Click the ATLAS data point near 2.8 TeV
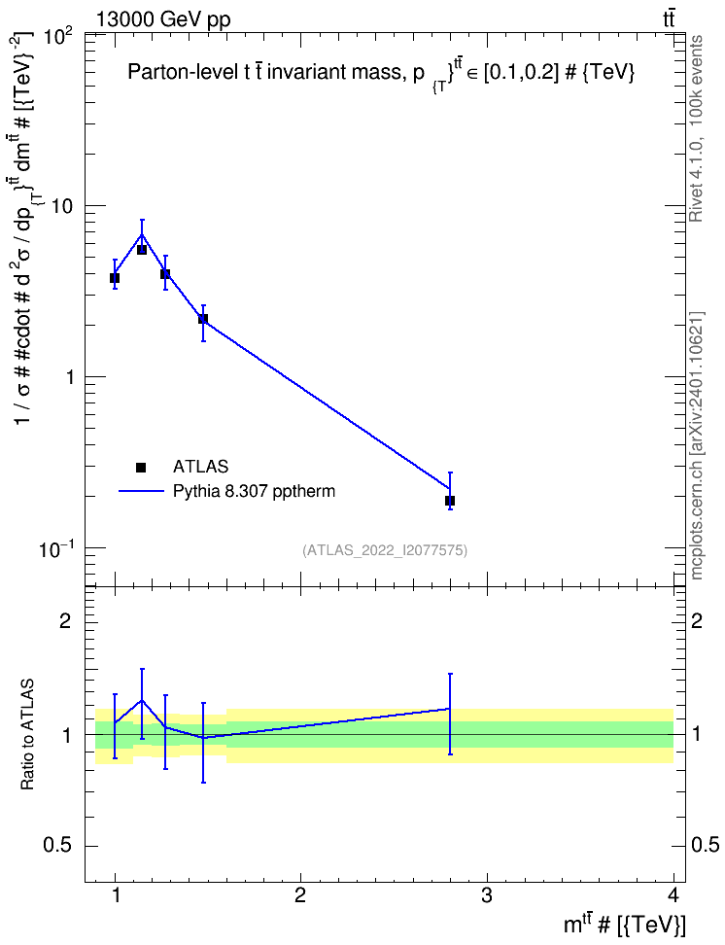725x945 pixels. coord(450,501)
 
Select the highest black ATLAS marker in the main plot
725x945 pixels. coord(142,250)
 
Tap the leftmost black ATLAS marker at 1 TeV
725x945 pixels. coord(115,278)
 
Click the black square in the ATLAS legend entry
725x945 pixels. coord(141,467)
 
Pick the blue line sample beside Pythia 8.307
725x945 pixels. coord(141,491)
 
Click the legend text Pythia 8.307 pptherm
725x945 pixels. coord(254,491)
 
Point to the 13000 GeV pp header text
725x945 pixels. coord(162,19)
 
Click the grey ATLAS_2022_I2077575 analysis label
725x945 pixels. coord(385,549)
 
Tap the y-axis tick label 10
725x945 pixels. coord(62,206)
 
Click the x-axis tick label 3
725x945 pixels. coord(487,895)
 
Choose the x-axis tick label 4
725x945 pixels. coord(673,895)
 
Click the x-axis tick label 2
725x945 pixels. coord(300,895)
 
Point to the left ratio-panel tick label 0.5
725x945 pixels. coord(58,845)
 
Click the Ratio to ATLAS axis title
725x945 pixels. coord(27,734)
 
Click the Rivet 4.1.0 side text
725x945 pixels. coord(696,128)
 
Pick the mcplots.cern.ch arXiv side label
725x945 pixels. coord(696,445)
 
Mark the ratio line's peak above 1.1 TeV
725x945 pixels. coord(142,700)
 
